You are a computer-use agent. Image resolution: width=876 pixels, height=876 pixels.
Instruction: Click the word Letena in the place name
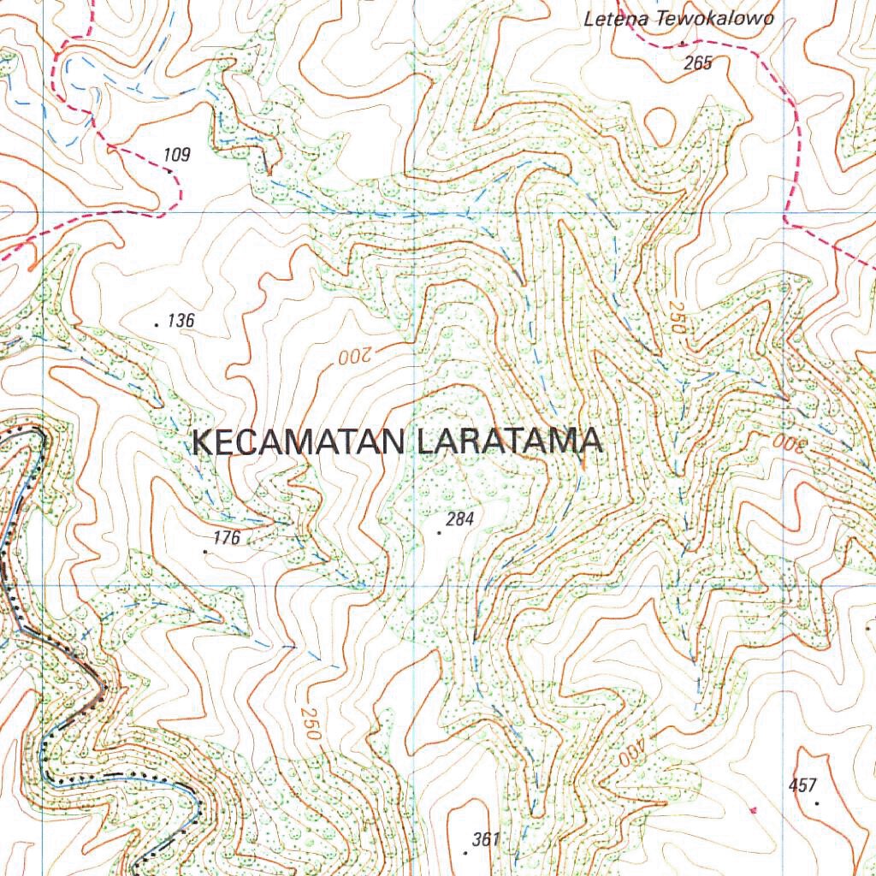point(614,19)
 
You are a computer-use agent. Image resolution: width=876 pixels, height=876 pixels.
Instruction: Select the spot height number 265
point(698,62)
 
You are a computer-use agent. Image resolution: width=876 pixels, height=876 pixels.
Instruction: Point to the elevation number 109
point(176,155)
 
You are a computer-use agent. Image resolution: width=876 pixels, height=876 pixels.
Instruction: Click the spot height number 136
point(181,321)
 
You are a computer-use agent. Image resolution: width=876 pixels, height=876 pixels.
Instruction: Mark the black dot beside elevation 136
point(157,325)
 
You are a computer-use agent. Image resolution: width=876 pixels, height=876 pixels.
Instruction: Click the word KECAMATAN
point(299,442)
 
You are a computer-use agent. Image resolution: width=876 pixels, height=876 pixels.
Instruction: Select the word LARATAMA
point(510,442)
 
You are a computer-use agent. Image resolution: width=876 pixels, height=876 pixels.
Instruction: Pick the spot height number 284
point(459,518)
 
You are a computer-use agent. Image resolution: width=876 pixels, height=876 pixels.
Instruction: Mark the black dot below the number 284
point(440,533)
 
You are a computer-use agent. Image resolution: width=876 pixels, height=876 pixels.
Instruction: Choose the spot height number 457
point(803,785)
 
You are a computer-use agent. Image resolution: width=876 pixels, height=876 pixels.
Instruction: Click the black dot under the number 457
point(818,803)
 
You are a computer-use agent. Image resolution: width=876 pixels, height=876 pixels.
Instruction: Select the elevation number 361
point(485,838)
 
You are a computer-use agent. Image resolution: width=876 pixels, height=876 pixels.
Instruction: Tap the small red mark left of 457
point(753,808)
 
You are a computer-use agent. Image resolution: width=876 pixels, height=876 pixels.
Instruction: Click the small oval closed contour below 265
point(660,127)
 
